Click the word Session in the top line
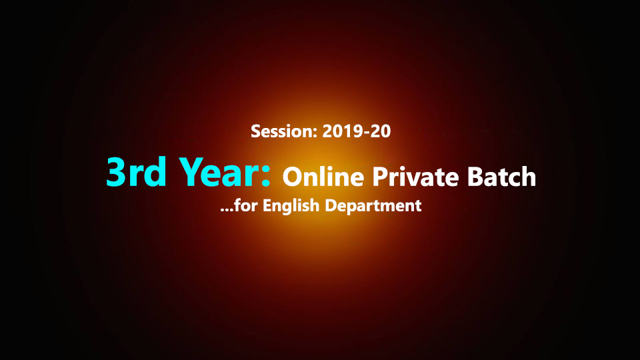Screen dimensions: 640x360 pos(281,131)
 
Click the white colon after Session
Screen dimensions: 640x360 pos(315,133)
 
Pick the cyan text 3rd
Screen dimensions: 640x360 pos(136,172)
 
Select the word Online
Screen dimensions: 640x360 pos(323,177)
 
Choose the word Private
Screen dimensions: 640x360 pos(415,177)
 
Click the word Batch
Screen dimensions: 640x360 pos(501,176)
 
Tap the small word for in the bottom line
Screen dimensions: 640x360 pos(246,205)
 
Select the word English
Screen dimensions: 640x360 pos(291,206)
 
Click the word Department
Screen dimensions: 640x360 pos(373,206)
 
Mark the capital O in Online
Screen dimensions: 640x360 pos(293,177)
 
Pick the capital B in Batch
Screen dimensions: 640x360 pos(475,176)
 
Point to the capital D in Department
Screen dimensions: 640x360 pos(331,205)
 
